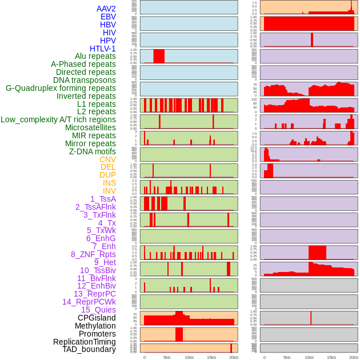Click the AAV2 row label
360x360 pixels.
click(x=106, y=9)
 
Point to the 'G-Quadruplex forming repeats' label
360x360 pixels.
click(x=61, y=88)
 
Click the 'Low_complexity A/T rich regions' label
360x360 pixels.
click(x=58, y=119)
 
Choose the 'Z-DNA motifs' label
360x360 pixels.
click(x=92, y=151)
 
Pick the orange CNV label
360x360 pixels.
click(x=107, y=159)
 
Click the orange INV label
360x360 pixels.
click(x=109, y=191)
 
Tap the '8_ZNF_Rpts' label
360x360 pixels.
click(x=93, y=254)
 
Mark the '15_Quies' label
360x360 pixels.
click(x=98, y=310)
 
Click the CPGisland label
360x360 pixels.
click(x=97, y=318)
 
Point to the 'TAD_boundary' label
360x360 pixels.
click(x=89, y=349)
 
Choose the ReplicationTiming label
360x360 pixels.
click(x=84, y=342)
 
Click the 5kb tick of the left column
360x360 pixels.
click(x=167, y=357)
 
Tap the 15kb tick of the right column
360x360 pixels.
click(x=331, y=357)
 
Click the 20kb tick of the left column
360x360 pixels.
click(x=233, y=357)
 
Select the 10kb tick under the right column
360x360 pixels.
click(x=309, y=357)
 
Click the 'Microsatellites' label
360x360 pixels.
click(x=90, y=127)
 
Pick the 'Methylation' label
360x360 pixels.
click(x=95, y=326)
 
